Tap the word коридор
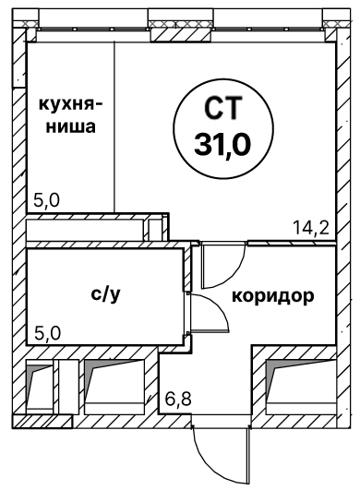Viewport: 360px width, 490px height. [273, 295]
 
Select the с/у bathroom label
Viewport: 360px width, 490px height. [105, 294]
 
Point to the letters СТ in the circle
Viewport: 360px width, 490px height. [223, 108]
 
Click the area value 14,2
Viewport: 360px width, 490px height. [311, 227]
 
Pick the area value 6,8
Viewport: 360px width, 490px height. [178, 399]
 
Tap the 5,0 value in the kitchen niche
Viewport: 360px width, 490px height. [46, 200]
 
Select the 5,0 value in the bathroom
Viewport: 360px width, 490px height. [47, 334]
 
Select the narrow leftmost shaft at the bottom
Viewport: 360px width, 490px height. [39, 387]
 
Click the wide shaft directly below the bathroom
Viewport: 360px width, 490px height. [115, 387]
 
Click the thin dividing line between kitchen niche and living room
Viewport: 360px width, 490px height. [114, 126]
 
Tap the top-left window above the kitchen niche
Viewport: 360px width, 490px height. [93, 29]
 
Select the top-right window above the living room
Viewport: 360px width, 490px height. [270, 29]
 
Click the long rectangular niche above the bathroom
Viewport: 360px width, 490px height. [85, 230]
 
